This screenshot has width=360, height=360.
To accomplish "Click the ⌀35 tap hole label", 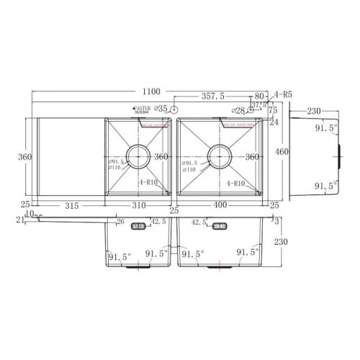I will coord(161,108).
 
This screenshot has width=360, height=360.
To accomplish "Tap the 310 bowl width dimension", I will coord(139,206).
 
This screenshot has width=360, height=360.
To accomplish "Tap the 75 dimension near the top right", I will coord(273,111).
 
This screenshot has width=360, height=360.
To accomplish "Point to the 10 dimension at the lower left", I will coord(29,214).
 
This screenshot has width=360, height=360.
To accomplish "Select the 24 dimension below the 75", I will coord(273,122).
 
